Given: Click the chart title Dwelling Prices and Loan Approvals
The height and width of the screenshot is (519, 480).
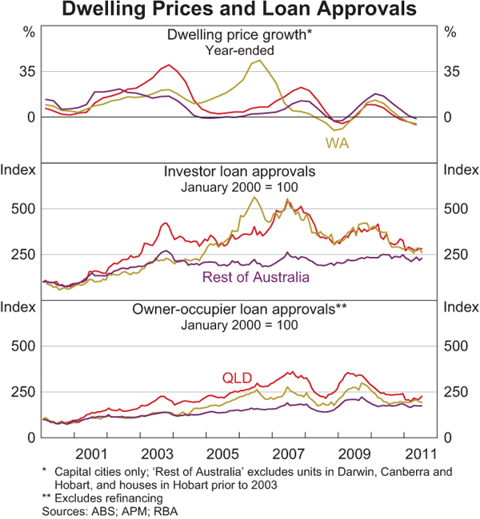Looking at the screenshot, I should pos(240,10).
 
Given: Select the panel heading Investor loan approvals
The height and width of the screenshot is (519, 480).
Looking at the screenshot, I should pos(240,172).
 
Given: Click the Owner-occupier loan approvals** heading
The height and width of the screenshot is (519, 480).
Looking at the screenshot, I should pos(240,310).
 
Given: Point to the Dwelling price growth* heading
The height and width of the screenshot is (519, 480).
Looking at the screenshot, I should pos(240,35).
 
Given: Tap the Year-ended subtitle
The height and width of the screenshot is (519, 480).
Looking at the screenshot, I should pos(240,50).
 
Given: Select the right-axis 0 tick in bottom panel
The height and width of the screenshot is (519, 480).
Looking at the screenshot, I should pos(450,438).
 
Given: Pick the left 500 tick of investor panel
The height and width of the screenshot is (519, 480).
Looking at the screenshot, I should pos(25,208).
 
